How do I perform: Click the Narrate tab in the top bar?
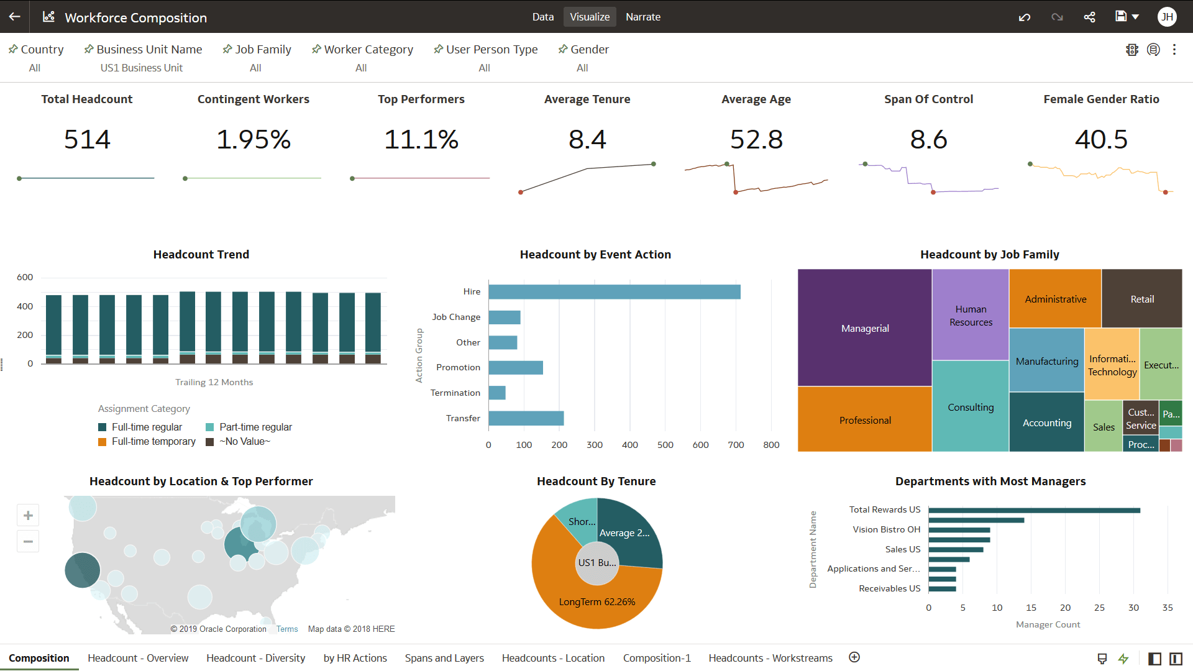click(x=642, y=17)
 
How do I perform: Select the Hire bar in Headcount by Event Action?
click(x=614, y=291)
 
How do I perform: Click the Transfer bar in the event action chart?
click(x=526, y=418)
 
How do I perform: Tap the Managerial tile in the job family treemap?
click(x=864, y=328)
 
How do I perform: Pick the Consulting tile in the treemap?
click(x=970, y=407)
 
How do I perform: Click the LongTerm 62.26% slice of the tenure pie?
click(x=596, y=601)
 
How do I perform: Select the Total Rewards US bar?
click(x=1034, y=510)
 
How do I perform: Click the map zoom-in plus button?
click(x=28, y=515)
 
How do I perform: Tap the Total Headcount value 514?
click(x=87, y=139)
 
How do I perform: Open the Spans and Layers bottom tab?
click(x=444, y=658)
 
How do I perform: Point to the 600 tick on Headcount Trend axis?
click(x=25, y=277)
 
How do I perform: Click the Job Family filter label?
click(x=262, y=49)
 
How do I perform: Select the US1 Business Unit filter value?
click(x=141, y=68)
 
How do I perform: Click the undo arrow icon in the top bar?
click(x=1024, y=17)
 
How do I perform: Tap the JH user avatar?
click(x=1166, y=17)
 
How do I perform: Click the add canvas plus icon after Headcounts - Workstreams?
click(x=854, y=657)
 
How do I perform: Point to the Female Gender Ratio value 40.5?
click(x=1100, y=139)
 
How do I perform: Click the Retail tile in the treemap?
click(x=1141, y=299)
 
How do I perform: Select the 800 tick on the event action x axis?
click(x=770, y=445)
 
